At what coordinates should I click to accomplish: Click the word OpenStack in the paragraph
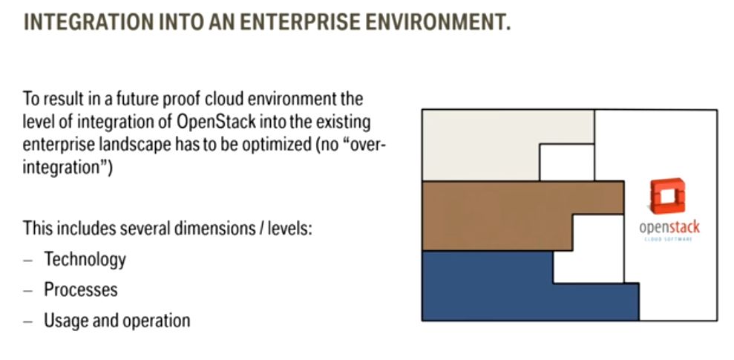point(217,122)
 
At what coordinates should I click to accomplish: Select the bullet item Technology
point(85,260)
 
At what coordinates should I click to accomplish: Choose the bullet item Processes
point(80,289)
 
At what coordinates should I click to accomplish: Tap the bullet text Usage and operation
point(117,321)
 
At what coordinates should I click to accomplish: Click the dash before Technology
point(28,261)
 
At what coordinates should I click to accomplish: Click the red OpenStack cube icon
point(667,196)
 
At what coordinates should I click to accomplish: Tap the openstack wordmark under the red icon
point(669,228)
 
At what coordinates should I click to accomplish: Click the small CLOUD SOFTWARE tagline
point(669,240)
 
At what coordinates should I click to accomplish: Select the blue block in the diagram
point(487,286)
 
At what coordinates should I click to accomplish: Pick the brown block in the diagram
point(497,216)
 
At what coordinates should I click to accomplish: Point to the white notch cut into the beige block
point(567,163)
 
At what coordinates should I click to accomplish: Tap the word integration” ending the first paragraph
point(68,168)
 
